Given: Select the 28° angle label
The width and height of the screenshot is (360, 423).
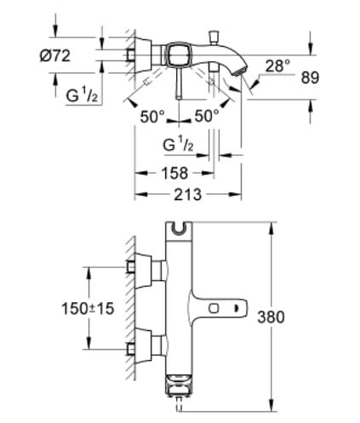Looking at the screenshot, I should tap(277, 66).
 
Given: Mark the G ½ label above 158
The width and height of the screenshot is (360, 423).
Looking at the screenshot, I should tap(179, 146).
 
